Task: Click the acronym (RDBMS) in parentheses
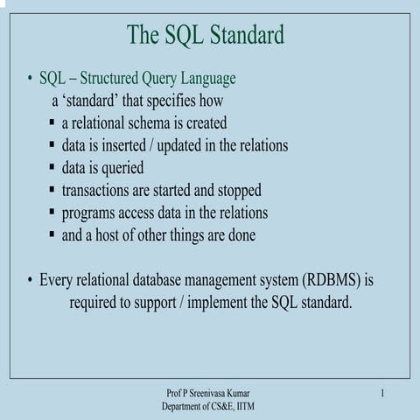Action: pyautogui.click(x=332, y=281)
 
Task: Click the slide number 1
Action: pyautogui.click(x=383, y=395)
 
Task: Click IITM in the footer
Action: pyautogui.click(x=244, y=407)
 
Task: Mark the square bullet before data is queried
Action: pyautogui.click(x=53, y=167)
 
